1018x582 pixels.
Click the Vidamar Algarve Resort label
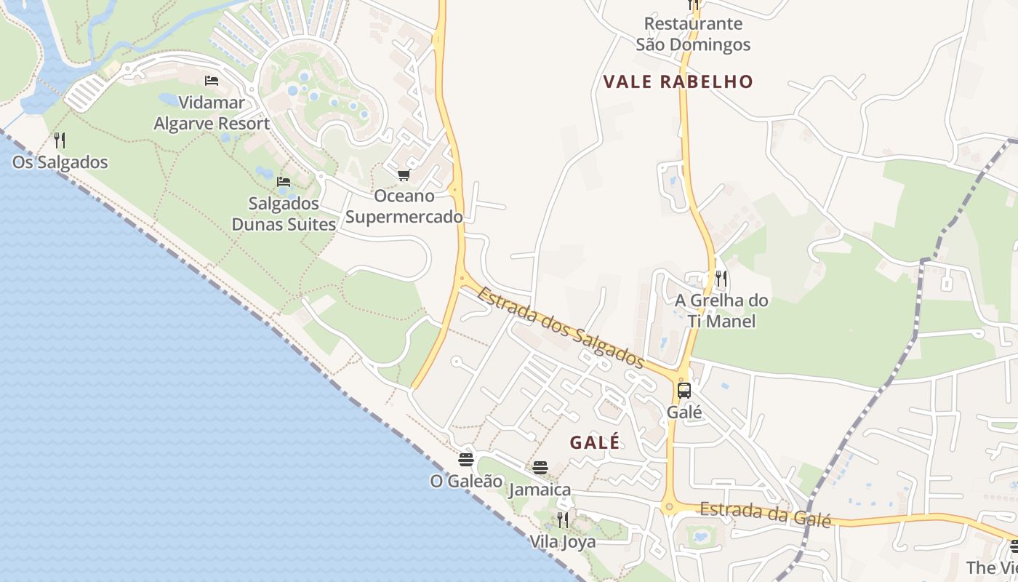[x=212, y=113]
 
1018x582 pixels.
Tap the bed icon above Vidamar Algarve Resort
[x=212, y=81]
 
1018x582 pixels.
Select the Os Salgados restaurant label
[x=60, y=162]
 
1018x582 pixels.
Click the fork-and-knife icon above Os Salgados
[x=60, y=140]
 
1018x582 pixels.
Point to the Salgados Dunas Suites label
[x=284, y=213]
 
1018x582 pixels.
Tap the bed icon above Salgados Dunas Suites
[x=284, y=181]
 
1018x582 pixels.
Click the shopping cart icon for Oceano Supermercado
[x=404, y=175]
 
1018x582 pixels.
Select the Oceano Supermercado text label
[x=404, y=206]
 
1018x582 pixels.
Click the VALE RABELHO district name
[x=678, y=81]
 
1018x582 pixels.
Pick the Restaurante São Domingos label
[x=693, y=34]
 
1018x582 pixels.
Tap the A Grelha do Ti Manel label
[x=721, y=311]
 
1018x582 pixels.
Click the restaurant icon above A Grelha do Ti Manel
[x=721, y=278]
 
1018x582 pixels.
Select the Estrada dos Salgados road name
[x=561, y=325]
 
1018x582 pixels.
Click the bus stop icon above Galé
[x=684, y=391]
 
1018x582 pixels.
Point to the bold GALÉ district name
[x=596, y=442]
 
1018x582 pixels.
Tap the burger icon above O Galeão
[x=466, y=460]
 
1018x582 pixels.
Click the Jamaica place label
[x=540, y=490]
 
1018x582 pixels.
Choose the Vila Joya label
[x=562, y=542]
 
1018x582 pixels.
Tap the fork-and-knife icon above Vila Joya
[x=562, y=519]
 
